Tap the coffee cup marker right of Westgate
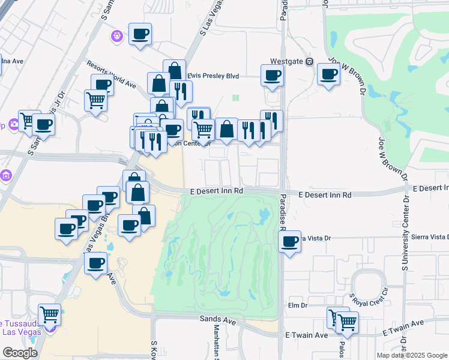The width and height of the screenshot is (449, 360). tap(328, 74)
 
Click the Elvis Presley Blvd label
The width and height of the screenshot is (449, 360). tap(214, 76)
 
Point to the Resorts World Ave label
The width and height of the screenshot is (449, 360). tap(111, 74)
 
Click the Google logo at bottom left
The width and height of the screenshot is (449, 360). tap(20, 353)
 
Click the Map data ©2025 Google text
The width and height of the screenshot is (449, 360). tap(412, 355)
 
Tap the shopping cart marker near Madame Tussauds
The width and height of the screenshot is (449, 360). tap(49, 314)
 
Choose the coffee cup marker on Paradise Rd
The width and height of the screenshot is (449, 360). tap(290, 242)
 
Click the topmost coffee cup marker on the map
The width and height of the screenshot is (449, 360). tap(140, 34)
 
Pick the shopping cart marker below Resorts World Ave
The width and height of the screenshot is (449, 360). tap(95, 100)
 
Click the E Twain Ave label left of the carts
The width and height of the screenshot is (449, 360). tap(307, 335)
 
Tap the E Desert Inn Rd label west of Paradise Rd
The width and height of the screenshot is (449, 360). tap(216, 191)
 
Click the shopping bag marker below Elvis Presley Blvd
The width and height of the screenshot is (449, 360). tap(159, 83)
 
